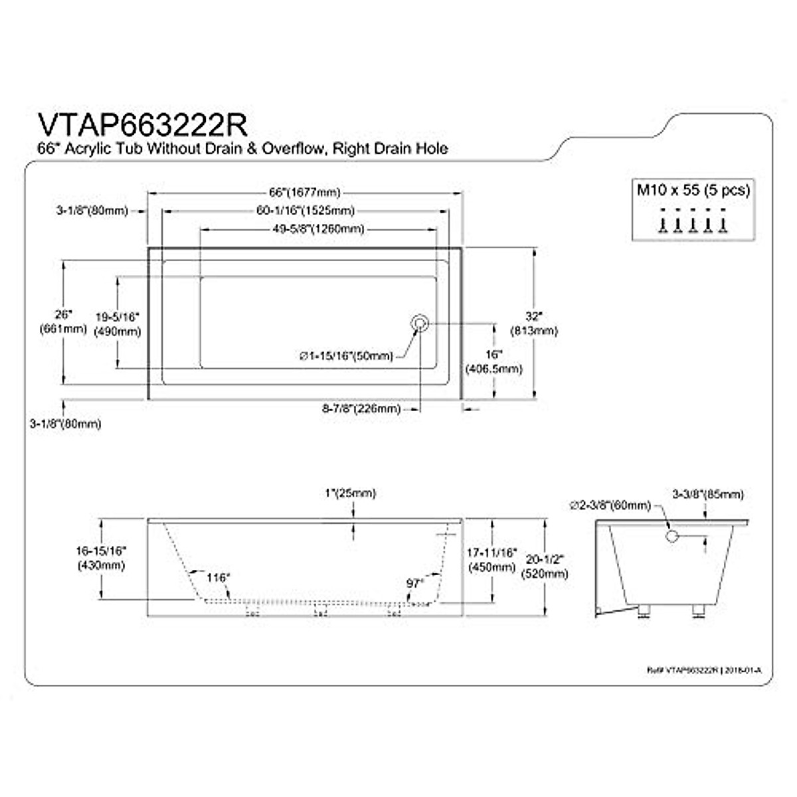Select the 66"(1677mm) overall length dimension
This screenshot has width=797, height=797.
pos(305,193)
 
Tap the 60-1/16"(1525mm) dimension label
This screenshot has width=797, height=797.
pos(305,211)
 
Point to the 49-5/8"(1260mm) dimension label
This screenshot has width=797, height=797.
pos(319,229)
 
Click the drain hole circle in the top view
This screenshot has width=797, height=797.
pos(420,323)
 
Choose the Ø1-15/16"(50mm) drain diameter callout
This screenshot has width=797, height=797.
pos(346,357)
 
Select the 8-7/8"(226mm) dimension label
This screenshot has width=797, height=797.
pos(362,409)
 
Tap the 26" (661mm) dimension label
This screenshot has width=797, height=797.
pos(64,321)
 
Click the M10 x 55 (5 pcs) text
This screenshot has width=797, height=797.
pos(693,190)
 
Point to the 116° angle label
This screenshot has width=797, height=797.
pos(217,578)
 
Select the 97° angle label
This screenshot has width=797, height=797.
pos(415,582)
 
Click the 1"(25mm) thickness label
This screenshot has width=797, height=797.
pos(350,493)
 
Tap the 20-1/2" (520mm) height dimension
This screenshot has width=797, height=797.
pos(545,567)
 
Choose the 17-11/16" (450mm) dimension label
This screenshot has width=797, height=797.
pos(491,559)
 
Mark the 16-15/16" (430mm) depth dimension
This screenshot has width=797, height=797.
pos(102,558)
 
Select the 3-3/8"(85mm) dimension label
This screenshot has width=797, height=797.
pos(707,494)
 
